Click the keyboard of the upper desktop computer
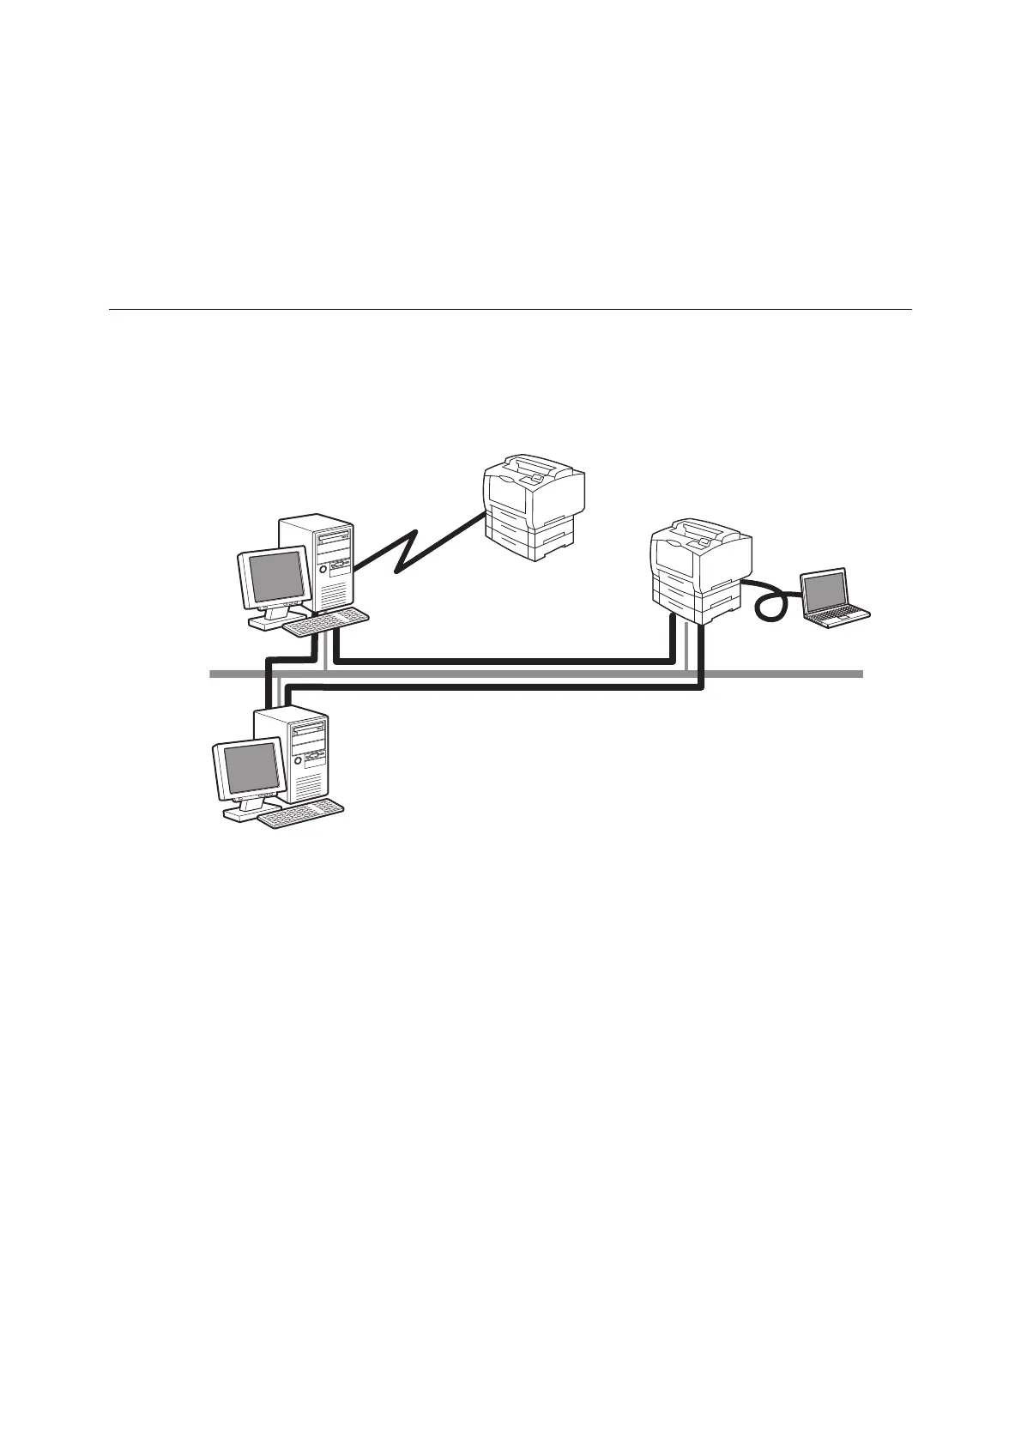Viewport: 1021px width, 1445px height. click(x=327, y=623)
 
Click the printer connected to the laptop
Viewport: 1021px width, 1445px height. click(x=700, y=570)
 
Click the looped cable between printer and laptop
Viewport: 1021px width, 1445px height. click(x=770, y=601)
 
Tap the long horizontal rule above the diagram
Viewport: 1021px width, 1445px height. click(x=510, y=309)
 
